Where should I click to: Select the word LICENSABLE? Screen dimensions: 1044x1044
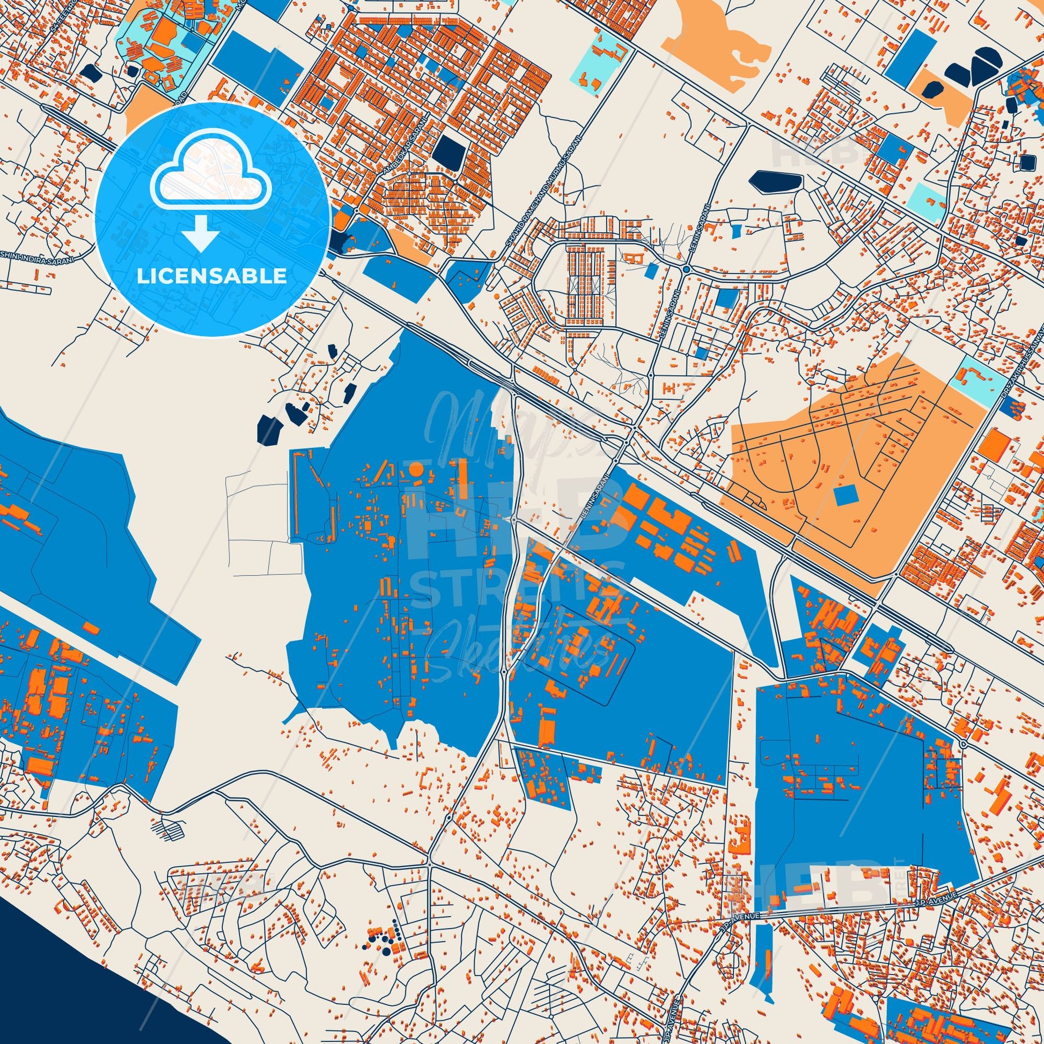(x=212, y=276)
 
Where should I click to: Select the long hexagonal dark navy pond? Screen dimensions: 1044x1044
(x=775, y=181)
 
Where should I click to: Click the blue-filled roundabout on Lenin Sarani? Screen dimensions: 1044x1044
(x=686, y=269)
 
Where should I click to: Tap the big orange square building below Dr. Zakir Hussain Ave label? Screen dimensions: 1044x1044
(x=994, y=446)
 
